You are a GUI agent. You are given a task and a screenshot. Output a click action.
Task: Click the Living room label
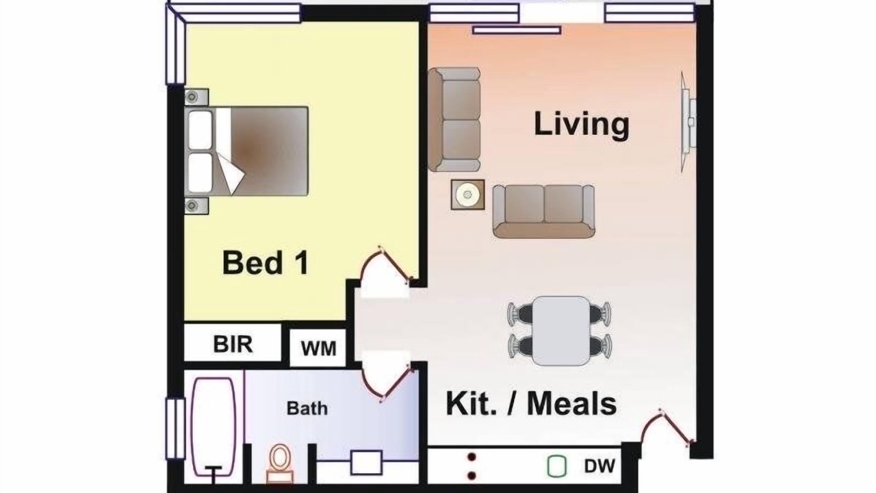[x=582, y=125]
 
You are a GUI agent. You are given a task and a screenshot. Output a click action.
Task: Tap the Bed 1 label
[x=266, y=262]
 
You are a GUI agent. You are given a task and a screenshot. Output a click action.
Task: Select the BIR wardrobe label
[x=233, y=344]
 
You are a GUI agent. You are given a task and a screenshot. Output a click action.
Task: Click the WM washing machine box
[x=318, y=348]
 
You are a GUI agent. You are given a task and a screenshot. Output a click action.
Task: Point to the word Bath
[x=307, y=409]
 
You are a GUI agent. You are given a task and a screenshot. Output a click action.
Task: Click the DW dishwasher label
[x=600, y=466]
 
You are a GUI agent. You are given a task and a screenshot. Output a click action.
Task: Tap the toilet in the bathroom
[x=280, y=464]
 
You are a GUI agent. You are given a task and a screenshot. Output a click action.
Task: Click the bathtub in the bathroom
[x=214, y=427]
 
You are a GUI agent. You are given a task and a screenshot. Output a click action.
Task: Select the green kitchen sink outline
[x=556, y=466]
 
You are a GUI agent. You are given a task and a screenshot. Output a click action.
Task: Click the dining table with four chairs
[x=560, y=331]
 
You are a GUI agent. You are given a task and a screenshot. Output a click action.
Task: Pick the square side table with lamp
[x=467, y=194]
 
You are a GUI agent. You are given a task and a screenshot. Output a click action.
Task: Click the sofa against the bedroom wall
[x=454, y=119]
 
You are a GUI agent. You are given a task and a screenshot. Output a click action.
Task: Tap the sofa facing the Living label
[x=543, y=212]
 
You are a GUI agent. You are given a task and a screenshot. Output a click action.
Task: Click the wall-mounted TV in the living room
[x=688, y=122]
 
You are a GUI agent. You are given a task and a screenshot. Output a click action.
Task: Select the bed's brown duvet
[x=268, y=151]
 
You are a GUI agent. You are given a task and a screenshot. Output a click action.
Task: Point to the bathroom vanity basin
[x=366, y=463]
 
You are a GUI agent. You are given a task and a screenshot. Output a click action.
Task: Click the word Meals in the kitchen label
[x=571, y=404]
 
